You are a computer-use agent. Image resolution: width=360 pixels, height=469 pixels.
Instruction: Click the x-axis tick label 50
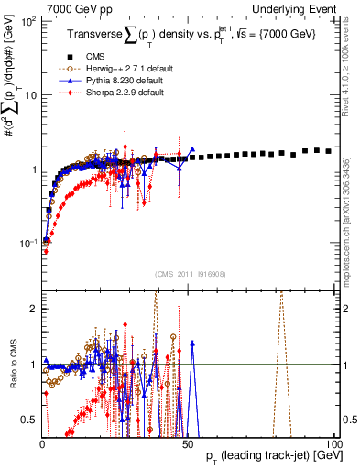[x=187, y=444]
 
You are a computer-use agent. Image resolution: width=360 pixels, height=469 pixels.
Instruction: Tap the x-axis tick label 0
[x=42, y=444]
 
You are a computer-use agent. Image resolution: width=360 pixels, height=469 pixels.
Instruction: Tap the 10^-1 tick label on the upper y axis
[x=27, y=244]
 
